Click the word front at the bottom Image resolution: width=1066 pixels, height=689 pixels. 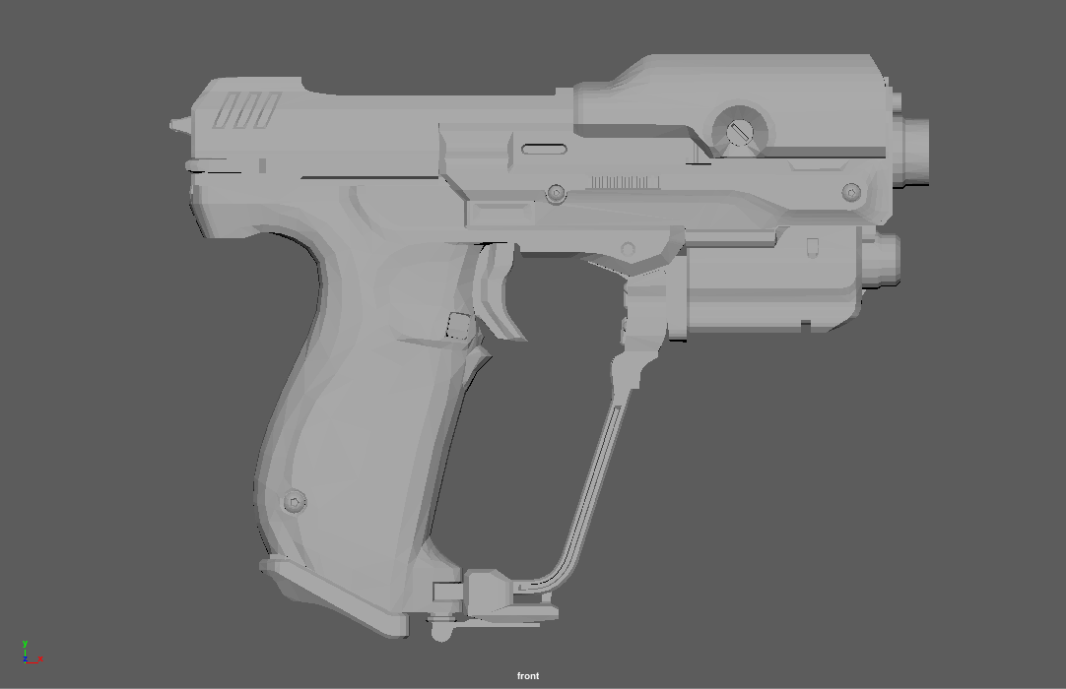(x=528, y=675)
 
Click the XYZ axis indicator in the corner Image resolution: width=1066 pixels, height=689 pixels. (x=31, y=653)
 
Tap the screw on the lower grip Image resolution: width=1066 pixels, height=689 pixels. (x=295, y=502)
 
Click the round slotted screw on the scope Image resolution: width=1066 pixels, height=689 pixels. (x=739, y=131)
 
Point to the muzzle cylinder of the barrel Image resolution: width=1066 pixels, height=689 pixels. (x=914, y=153)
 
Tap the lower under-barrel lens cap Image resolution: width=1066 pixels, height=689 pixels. (x=885, y=261)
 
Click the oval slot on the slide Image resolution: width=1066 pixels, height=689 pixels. (x=544, y=150)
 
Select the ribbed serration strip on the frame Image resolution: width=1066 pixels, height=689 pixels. (x=626, y=182)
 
